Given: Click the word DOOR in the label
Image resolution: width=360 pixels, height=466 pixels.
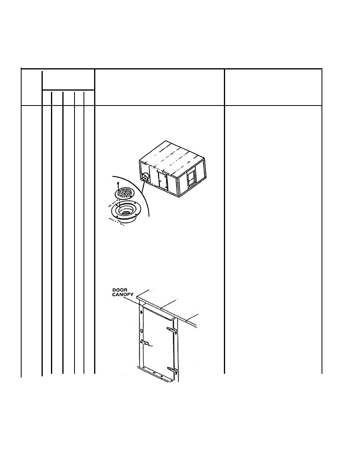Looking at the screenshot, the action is [120, 290].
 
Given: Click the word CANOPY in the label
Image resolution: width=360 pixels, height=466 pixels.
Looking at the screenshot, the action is [123, 295].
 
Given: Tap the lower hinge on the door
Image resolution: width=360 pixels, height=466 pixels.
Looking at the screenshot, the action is [173, 370].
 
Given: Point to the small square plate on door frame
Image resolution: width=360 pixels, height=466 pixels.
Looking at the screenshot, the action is [142, 331].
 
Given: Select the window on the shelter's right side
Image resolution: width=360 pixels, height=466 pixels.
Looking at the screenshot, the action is [191, 178].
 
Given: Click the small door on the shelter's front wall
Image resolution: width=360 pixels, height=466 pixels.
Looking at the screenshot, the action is [162, 180].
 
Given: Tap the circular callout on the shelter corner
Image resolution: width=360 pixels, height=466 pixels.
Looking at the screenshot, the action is [145, 177].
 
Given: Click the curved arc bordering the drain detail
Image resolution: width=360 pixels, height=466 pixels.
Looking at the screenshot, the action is [141, 193].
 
